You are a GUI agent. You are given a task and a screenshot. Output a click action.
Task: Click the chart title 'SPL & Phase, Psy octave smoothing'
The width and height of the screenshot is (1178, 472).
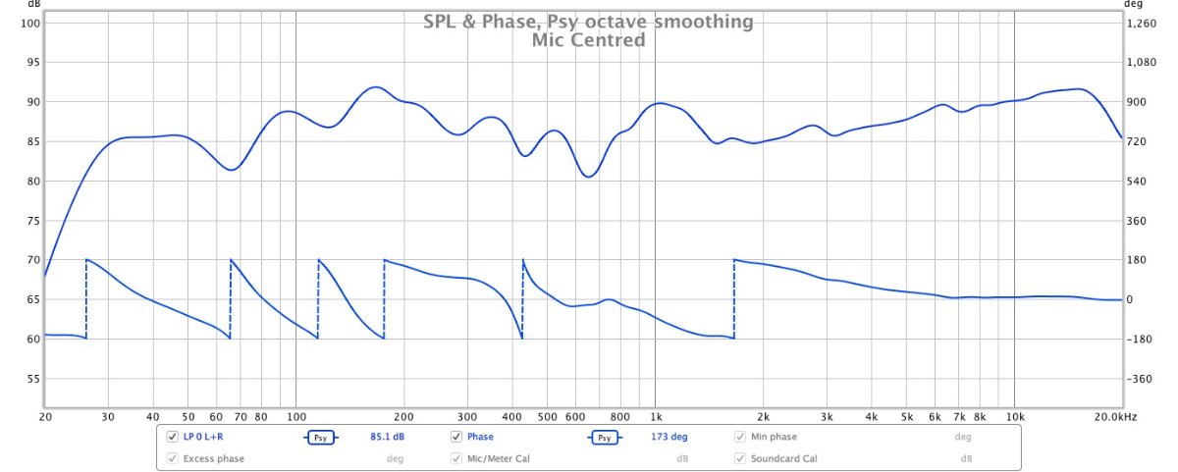(x=588, y=22)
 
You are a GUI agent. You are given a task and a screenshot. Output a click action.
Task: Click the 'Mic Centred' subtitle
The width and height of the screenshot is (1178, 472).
(x=588, y=40)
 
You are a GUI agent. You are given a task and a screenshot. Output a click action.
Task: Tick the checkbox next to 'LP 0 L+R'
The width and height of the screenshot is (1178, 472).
(x=173, y=437)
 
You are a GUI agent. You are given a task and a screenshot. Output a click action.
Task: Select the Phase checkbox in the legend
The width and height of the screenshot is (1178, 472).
(x=456, y=437)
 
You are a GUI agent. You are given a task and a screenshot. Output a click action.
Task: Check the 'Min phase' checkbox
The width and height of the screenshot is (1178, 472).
(x=740, y=437)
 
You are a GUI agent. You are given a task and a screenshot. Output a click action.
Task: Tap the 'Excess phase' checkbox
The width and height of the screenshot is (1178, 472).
(x=173, y=458)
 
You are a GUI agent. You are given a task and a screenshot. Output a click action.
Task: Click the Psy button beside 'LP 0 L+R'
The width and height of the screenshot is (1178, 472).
(x=320, y=438)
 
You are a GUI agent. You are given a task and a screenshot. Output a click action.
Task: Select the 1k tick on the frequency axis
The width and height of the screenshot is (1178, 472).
(x=655, y=417)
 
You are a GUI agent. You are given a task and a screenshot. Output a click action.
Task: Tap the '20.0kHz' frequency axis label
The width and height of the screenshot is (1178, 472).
(x=1115, y=417)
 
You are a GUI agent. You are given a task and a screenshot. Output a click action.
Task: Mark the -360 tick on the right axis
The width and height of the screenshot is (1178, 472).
(x=1142, y=379)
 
